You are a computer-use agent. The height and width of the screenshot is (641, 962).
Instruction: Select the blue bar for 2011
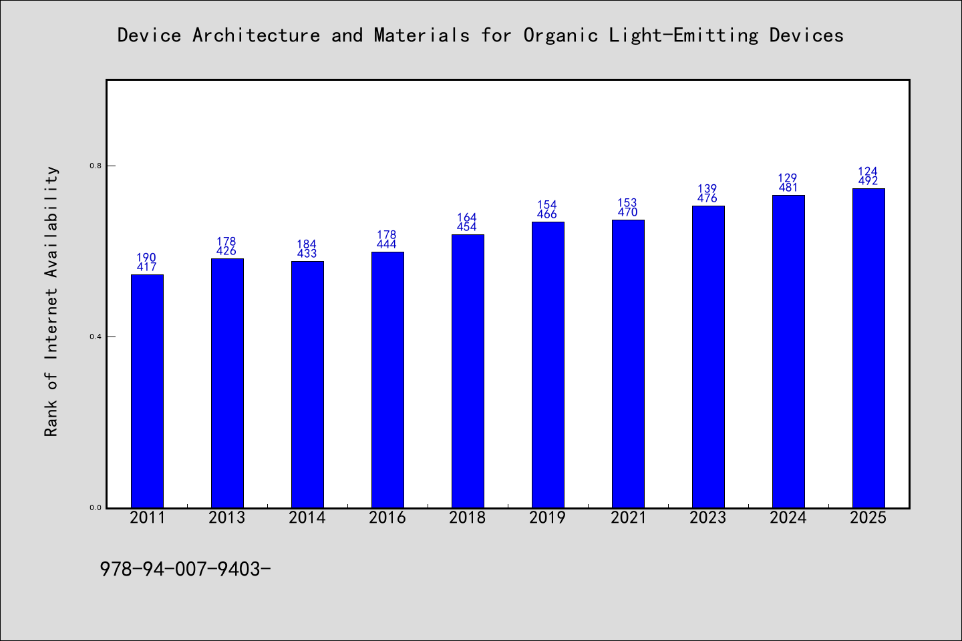pyautogui.click(x=147, y=391)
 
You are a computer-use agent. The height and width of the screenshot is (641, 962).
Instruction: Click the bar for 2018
pyautogui.click(x=468, y=371)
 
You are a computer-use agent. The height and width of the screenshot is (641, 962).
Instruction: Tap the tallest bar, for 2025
pyautogui.click(x=868, y=348)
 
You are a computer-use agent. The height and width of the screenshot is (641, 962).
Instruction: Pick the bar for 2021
pyautogui.click(x=628, y=364)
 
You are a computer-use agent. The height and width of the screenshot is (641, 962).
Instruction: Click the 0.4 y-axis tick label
pyautogui.click(x=96, y=337)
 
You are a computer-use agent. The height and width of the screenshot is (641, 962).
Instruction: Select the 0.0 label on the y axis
pyautogui.click(x=96, y=508)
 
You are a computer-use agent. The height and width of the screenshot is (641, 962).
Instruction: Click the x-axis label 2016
pyautogui.click(x=387, y=517)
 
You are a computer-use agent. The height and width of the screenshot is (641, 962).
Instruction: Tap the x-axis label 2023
pyautogui.click(x=707, y=517)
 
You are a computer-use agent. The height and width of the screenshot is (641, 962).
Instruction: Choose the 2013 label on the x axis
pyautogui.click(x=226, y=517)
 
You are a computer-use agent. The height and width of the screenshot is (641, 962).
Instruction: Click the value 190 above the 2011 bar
pyautogui.click(x=146, y=258)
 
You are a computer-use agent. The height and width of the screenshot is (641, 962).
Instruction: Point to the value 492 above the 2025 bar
pyautogui.click(x=868, y=181)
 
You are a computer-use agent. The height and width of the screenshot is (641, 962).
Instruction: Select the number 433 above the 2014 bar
pyautogui.click(x=307, y=253)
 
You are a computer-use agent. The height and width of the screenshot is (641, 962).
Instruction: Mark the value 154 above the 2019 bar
pyautogui.click(x=547, y=205)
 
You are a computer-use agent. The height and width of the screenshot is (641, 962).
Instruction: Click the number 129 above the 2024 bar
pyautogui.click(x=788, y=178)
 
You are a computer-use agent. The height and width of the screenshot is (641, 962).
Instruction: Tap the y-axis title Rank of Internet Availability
pyautogui.click(x=51, y=301)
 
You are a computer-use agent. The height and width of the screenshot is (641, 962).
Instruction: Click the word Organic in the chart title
pyautogui.click(x=560, y=35)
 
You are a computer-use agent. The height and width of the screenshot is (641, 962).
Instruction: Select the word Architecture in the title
pyautogui.click(x=257, y=35)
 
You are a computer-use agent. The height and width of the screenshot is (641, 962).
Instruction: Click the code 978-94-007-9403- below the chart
pyautogui.click(x=185, y=570)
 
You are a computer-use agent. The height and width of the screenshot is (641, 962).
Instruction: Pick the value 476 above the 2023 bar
pyautogui.click(x=707, y=198)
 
